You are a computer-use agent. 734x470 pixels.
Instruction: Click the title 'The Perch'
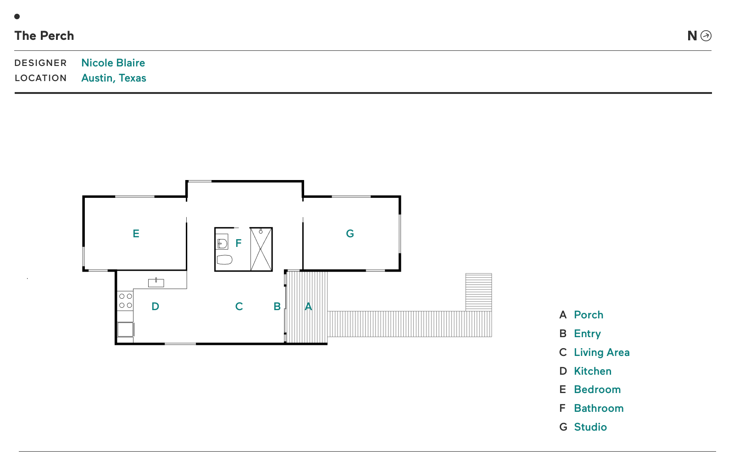(x=44, y=36)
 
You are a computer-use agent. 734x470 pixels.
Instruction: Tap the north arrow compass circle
(x=706, y=36)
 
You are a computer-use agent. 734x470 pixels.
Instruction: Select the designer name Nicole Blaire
(x=113, y=62)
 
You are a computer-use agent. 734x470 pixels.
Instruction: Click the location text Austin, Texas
(x=114, y=78)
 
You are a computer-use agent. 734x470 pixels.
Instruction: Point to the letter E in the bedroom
(x=136, y=233)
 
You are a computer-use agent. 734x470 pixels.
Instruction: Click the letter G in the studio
(x=350, y=233)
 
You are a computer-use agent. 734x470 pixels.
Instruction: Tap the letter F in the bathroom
(x=239, y=243)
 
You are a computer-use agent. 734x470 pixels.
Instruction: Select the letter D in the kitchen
(x=156, y=306)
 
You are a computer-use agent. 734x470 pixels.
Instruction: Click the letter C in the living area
(x=239, y=306)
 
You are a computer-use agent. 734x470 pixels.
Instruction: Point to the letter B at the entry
(x=277, y=306)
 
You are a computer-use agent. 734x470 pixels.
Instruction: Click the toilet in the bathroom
(x=224, y=260)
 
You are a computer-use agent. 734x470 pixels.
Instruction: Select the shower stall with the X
(x=261, y=249)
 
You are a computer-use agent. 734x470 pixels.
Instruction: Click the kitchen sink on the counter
(x=156, y=283)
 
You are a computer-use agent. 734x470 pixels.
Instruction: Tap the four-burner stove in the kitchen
(x=126, y=301)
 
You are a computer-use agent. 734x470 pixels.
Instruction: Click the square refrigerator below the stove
(x=126, y=329)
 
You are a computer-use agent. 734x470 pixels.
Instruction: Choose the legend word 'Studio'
(x=590, y=427)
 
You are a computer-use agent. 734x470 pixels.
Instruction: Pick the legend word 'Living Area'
(x=601, y=352)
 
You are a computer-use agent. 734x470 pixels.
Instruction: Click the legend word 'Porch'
(x=589, y=315)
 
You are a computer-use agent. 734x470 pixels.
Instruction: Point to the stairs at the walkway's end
(x=478, y=292)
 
